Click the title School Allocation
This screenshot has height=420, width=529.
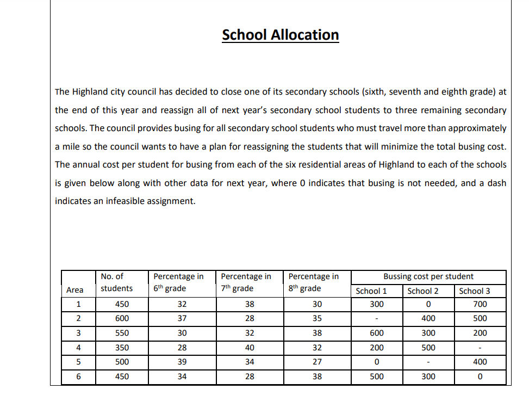coord(280,35)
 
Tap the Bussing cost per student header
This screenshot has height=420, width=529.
coord(428,276)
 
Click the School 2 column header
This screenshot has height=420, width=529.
coord(422,291)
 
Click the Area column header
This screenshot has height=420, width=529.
coord(74,290)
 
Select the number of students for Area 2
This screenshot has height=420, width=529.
coord(122,318)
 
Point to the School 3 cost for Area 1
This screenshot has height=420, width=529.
coord(480,304)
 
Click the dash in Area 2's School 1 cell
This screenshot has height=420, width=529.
coord(377,319)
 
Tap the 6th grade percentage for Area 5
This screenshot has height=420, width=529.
coord(182,362)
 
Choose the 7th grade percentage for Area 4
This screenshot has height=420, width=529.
coord(250,348)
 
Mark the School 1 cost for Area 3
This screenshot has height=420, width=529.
coord(377,333)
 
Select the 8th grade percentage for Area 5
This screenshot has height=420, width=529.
coord(317,362)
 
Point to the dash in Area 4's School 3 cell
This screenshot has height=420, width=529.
coord(480,348)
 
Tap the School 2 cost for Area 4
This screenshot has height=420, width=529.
coord(428,348)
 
